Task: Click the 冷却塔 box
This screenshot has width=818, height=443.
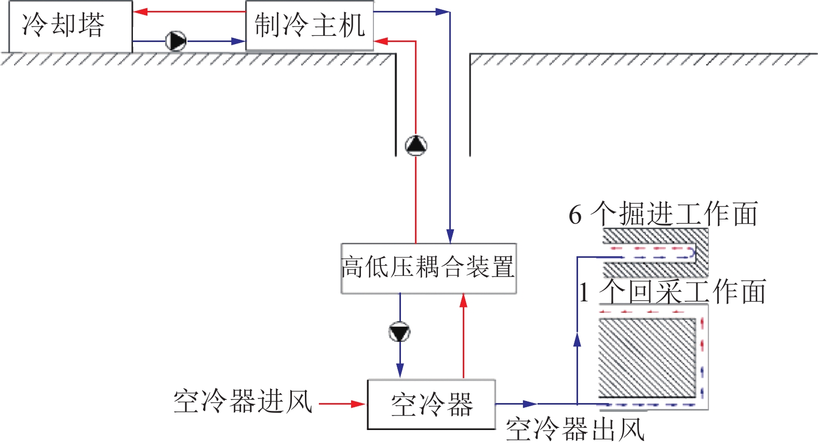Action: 70,26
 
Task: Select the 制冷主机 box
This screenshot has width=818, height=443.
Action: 310,26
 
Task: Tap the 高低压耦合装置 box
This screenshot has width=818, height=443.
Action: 428,268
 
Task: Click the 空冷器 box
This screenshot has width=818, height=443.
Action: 431,405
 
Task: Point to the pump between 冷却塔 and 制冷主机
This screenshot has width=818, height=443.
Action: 176,41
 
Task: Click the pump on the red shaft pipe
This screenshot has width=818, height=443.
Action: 415,146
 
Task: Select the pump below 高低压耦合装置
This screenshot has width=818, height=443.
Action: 400,332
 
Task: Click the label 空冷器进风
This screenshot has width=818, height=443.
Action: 243,402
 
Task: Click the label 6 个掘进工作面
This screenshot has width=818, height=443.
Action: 663,214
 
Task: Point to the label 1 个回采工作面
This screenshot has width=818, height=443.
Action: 673,292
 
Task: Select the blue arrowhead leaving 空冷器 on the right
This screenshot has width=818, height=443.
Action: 530,404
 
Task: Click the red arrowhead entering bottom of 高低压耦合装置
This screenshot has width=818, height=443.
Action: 463,301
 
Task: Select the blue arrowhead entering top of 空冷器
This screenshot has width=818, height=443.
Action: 400,370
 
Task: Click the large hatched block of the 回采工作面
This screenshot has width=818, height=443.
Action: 647,358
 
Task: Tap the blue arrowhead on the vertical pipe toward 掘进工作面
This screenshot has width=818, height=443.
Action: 577,340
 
